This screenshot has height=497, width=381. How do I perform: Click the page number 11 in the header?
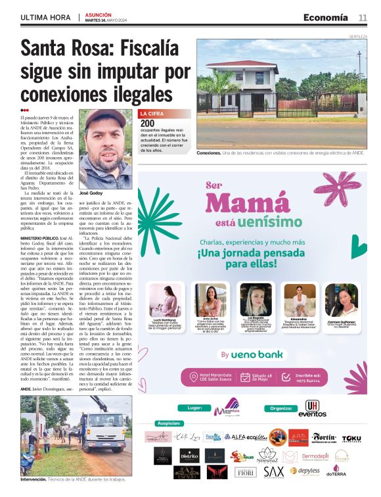[363, 17]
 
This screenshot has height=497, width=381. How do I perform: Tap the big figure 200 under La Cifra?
[148, 123]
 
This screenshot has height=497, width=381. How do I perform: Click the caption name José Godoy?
[91, 194]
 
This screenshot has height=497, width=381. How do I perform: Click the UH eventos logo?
[312, 409]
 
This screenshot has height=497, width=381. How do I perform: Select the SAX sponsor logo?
[273, 471]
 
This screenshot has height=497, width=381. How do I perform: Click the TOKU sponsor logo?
[351, 438]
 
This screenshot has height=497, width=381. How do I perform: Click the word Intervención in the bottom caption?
[34, 481]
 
